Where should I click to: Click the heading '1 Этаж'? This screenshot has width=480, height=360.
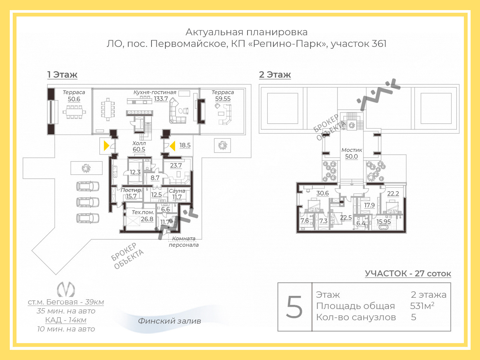tap(62, 75)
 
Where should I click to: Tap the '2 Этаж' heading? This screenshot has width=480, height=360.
tap(275, 75)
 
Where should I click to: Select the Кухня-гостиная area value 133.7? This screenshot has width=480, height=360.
tap(161, 99)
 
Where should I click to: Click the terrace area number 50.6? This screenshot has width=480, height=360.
tap(74, 99)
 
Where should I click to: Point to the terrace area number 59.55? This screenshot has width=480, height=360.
tap(223, 99)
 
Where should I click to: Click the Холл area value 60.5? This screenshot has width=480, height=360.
tap(139, 150)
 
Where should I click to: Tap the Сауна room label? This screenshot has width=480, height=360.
tap(177, 191)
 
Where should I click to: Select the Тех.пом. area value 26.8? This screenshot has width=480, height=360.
tap(147, 219)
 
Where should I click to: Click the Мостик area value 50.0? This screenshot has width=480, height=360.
tap(351, 156)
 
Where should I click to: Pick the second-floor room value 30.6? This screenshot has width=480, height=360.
tap(322, 193)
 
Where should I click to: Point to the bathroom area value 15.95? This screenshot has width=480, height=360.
tap(384, 222)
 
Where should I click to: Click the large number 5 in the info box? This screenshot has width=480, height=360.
tap(294, 307)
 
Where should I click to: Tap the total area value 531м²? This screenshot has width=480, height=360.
tap(422, 306)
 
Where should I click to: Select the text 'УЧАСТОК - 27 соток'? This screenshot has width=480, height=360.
tap(408, 273)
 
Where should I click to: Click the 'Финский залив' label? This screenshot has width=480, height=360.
tap(169, 321)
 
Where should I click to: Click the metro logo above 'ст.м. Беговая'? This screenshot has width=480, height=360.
tap(66, 289)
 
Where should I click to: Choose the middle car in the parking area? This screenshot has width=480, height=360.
tap(88, 202)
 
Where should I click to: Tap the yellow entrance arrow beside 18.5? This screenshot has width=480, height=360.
tap(172, 146)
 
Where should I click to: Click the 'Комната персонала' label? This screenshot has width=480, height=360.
tap(184, 242)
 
